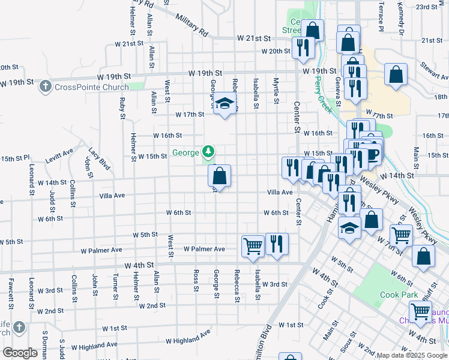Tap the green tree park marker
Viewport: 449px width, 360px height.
[208, 151]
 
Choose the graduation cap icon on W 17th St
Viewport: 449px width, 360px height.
[224, 104]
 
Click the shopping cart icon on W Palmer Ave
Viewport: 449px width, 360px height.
[253, 245]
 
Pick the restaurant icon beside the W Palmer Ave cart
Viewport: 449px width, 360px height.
[277, 243]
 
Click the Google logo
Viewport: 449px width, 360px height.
[20, 353]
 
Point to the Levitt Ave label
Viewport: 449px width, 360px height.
[59, 155]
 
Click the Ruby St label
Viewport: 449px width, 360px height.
[122, 106]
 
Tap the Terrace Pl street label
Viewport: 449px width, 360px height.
[380, 17]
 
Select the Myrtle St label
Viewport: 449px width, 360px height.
[276, 89]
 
